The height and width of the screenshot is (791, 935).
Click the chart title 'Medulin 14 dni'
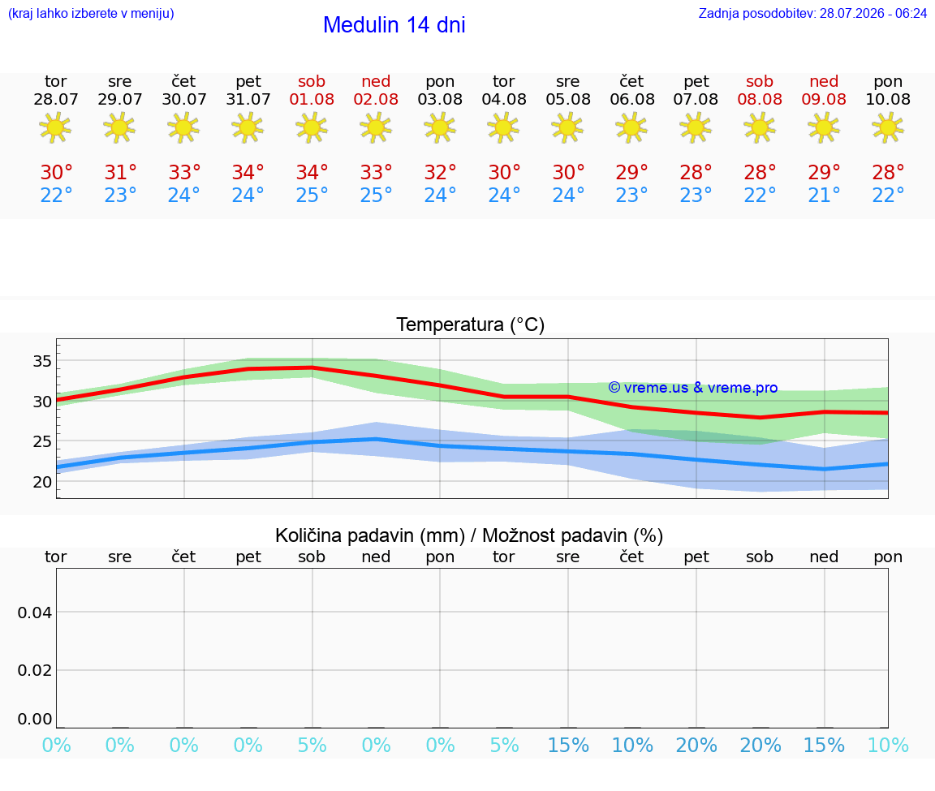[x=394, y=25]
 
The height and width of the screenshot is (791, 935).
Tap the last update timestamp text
[x=812, y=14]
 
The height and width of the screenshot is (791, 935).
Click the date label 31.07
[x=248, y=100]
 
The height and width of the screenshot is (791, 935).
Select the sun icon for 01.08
[x=312, y=127]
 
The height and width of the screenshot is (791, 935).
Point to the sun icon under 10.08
[x=888, y=127]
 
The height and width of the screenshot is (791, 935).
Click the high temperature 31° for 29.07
[x=120, y=173]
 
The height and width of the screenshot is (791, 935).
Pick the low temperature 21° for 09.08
[x=824, y=196]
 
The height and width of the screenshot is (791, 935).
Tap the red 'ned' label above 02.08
[x=376, y=82]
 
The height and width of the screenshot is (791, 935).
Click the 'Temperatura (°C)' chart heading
[x=471, y=325]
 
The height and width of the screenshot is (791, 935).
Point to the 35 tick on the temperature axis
[x=42, y=361]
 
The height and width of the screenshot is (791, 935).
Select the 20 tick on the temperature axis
[x=42, y=482]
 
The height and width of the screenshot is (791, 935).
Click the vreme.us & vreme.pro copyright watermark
[x=693, y=388]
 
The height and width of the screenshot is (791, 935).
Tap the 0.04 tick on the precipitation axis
[x=35, y=613]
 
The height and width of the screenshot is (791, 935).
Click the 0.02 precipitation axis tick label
[x=35, y=671]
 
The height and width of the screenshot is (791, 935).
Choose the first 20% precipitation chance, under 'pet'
[x=696, y=746]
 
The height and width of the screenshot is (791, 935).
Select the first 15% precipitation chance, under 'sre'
[x=568, y=746]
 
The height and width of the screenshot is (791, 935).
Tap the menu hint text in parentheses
[x=91, y=14]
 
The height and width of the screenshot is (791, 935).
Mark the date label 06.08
[x=632, y=100]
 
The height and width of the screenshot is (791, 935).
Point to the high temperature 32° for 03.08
[x=440, y=173]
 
